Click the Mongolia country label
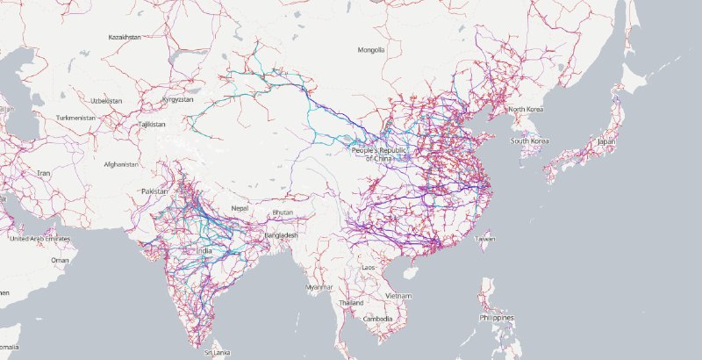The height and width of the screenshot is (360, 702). [371, 50]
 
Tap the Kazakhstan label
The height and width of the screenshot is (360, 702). [125, 38]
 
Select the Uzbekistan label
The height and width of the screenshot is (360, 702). [105, 101]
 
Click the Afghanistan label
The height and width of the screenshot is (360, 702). [120, 164]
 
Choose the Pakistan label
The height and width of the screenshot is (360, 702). [154, 191]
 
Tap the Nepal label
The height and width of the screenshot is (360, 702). [240, 207]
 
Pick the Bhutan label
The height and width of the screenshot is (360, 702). [283, 212]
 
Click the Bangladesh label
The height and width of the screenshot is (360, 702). [281, 235]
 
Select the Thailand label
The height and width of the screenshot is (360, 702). [351, 302]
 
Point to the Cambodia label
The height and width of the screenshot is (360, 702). [377, 318]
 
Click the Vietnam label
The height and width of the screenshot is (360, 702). [398, 295]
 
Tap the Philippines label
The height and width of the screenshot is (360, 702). [496, 318]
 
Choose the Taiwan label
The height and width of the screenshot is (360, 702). [484, 238]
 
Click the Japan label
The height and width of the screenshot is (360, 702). [606, 141]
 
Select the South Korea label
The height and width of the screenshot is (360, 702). [530, 140]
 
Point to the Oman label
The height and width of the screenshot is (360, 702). [60, 260]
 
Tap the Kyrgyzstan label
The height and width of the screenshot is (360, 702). [178, 99]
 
